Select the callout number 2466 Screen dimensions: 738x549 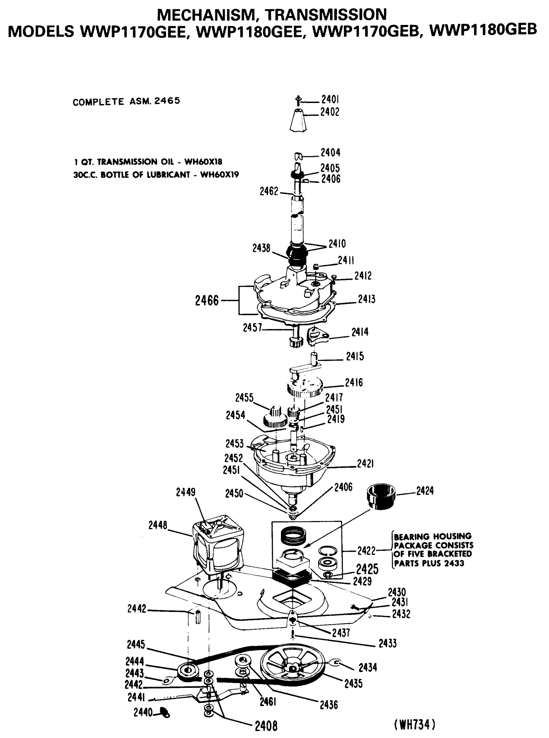pos(207,300)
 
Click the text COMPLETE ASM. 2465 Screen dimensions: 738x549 pos(126,101)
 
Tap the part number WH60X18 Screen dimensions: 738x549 pos(203,162)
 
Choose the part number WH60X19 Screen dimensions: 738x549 pos(219,175)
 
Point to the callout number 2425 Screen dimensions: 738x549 pos(367,569)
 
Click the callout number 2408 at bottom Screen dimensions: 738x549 pos(266,726)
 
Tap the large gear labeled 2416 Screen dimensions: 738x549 pos(305,388)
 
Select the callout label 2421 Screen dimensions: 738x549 pos(365,464)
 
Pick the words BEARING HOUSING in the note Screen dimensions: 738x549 pos(433,537)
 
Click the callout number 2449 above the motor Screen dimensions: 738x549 pos(185,492)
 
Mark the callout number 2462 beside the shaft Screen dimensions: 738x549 pos(269,191)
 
